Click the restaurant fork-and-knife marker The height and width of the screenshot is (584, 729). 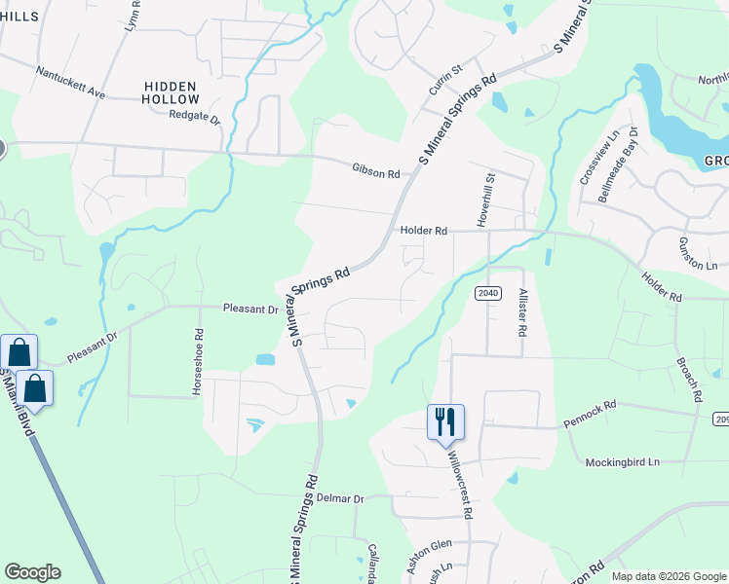click(x=445, y=421)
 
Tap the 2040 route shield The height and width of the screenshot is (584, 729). click(x=488, y=293)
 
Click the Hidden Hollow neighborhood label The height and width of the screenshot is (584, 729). click(x=171, y=92)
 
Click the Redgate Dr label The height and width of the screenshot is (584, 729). click(x=195, y=117)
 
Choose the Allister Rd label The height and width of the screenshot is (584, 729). click(x=523, y=311)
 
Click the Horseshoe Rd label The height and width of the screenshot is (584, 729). click(x=199, y=360)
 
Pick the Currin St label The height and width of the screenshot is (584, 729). click(x=444, y=75)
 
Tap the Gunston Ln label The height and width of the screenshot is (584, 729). click(x=697, y=252)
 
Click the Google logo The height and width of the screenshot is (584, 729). click(x=32, y=572)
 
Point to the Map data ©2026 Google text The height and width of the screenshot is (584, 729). click(x=668, y=576)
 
